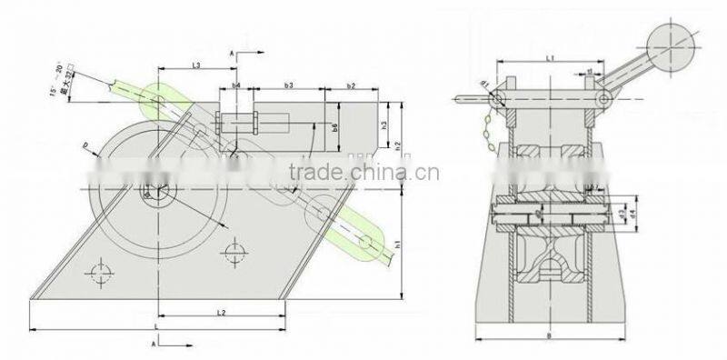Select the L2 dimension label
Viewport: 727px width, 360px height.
point(221,312)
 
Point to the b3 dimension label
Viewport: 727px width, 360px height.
point(288,85)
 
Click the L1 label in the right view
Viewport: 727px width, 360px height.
point(551,57)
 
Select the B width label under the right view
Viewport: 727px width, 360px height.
point(552,336)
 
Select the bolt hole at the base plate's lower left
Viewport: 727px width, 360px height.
point(100,273)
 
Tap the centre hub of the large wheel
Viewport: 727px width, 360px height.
point(148,193)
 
